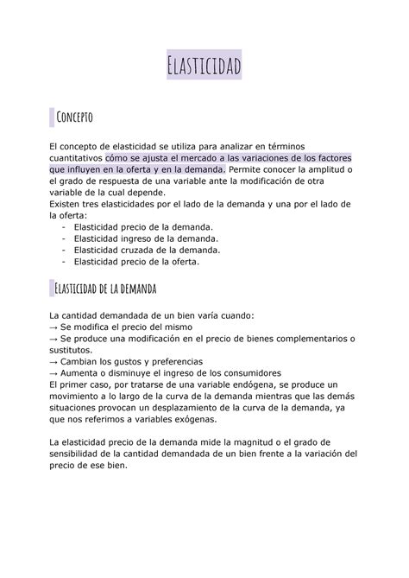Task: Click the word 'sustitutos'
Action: [71, 349]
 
